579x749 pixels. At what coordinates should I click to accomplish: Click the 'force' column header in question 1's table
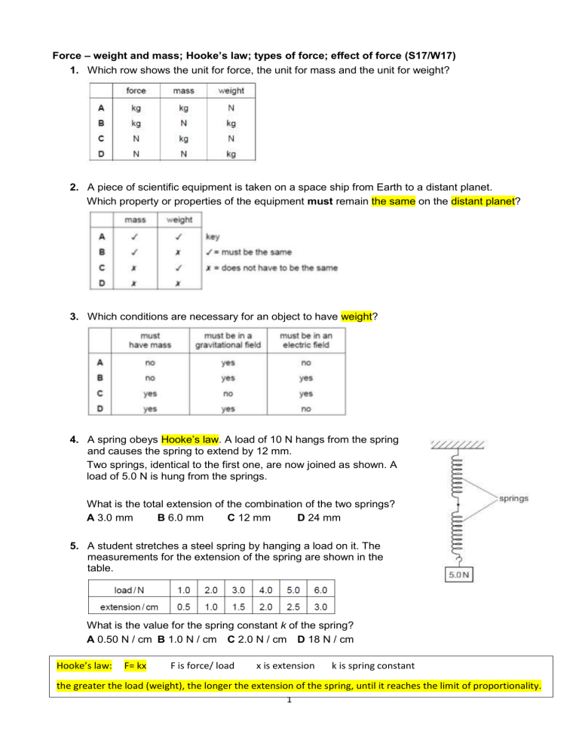(136, 90)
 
